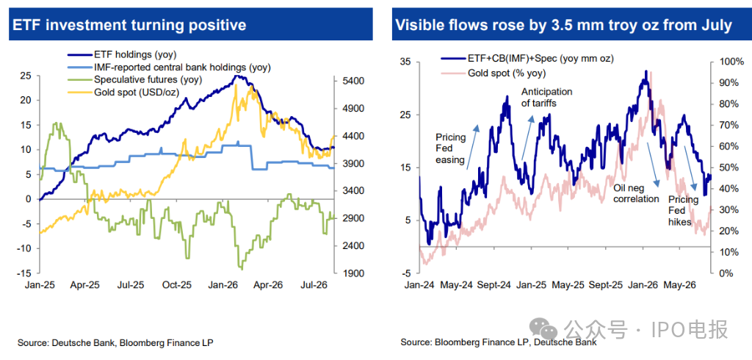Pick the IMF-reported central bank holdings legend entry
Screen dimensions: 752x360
pyautogui.click(x=170, y=68)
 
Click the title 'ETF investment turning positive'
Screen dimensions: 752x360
pyautogui.click(x=129, y=25)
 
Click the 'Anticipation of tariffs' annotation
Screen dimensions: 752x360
pyautogui.click(x=546, y=97)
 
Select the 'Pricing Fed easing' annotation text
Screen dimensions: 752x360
pyautogui.click(x=451, y=149)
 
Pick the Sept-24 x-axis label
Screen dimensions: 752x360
pyautogui.click(x=493, y=284)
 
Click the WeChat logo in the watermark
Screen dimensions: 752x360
pyautogui.click(x=544, y=330)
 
